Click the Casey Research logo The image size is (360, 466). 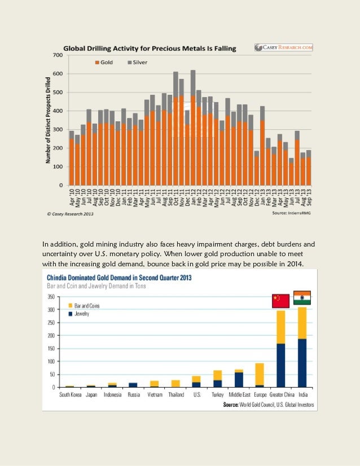click(284, 47)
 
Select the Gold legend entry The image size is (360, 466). click(104, 63)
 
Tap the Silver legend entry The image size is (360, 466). click(137, 63)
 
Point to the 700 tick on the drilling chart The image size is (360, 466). click(58, 55)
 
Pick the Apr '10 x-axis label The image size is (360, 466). click(72, 197)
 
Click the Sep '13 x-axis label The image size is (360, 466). click(309, 197)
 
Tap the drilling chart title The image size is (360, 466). click(150, 49)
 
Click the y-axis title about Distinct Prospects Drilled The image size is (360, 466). click(48, 120)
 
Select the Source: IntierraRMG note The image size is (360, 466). click(291, 213)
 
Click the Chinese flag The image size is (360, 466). click(280, 301)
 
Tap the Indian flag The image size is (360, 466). click(302, 298)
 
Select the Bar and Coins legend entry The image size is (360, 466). click(84, 306)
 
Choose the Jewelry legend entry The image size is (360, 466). click(79, 314)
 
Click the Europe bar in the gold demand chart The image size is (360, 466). click(260, 375)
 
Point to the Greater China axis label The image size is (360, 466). click(282, 395)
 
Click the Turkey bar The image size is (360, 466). click(218, 379)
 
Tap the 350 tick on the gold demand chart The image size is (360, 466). click(51, 297)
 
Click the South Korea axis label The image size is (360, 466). click(70, 395)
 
